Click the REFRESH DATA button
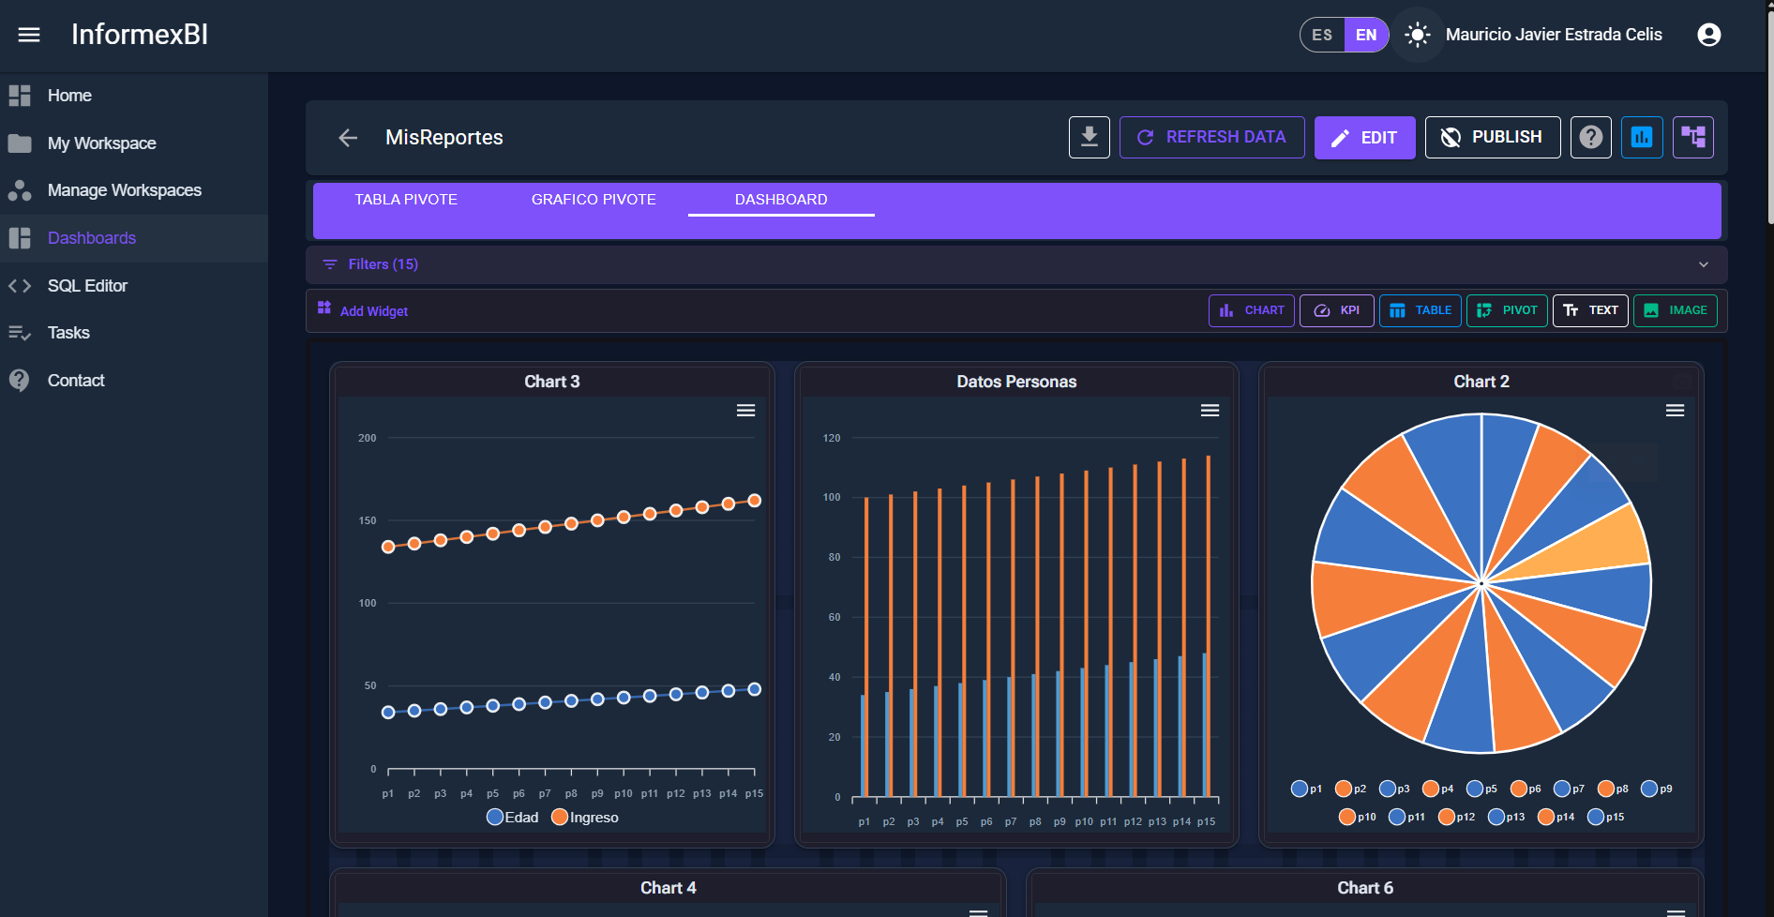(x=1211, y=138)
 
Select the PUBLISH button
(x=1492, y=138)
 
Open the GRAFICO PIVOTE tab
(x=594, y=200)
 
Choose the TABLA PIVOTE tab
(x=406, y=200)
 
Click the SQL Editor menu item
(x=87, y=286)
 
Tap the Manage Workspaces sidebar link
(x=124, y=190)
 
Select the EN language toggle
(x=1366, y=36)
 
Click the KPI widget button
(x=1336, y=310)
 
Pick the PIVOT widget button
(x=1507, y=310)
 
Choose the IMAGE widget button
(x=1676, y=310)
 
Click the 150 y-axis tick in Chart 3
(x=368, y=520)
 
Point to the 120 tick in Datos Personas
(x=832, y=438)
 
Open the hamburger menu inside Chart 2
(x=1675, y=411)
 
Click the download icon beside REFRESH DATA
(x=1089, y=138)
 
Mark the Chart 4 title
(x=668, y=888)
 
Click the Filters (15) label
(x=383, y=264)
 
